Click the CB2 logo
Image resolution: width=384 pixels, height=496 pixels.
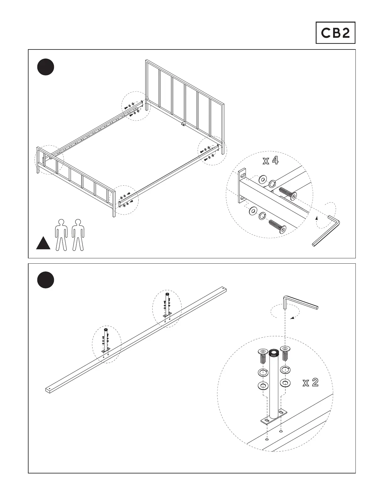(335, 33)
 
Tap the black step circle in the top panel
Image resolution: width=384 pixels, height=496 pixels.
(45, 67)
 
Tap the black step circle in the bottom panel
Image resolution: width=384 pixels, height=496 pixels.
(45, 280)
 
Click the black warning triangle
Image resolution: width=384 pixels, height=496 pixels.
(43, 244)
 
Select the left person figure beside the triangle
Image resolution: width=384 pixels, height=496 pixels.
(61, 235)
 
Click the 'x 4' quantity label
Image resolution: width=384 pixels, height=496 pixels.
(270, 161)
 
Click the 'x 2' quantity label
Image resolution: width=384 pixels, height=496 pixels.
(310, 382)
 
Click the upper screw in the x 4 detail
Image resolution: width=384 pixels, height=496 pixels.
(287, 194)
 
